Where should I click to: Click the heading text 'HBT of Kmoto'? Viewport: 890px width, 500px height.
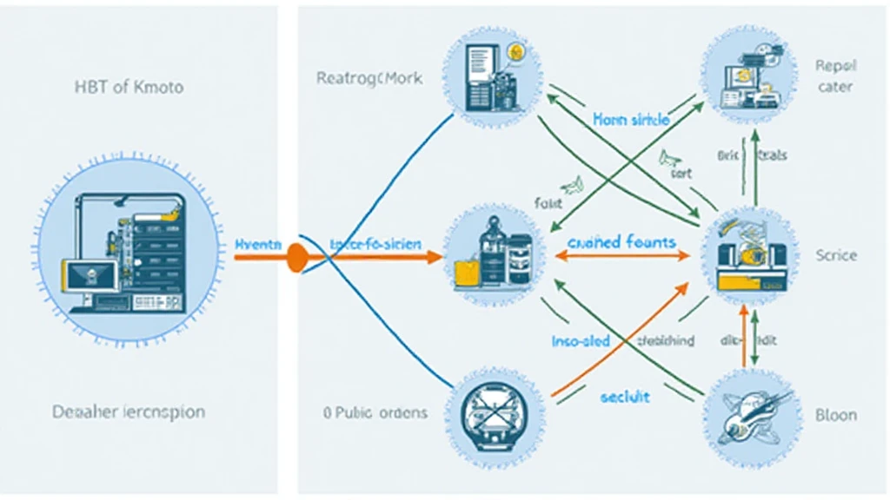click(128, 88)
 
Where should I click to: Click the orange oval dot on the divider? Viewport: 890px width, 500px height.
click(297, 257)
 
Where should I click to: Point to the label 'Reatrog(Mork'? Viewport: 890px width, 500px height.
click(369, 78)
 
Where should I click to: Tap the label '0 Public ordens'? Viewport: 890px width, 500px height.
click(375, 412)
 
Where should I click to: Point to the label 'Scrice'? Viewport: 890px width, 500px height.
click(836, 255)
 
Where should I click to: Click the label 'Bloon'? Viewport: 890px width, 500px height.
click(836, 415)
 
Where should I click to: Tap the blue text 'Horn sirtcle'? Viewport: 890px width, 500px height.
click(631, 121)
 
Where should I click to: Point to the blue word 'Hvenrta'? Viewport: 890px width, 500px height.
click(258, 246)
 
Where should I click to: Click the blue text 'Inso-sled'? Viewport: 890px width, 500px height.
click(581, 341)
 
